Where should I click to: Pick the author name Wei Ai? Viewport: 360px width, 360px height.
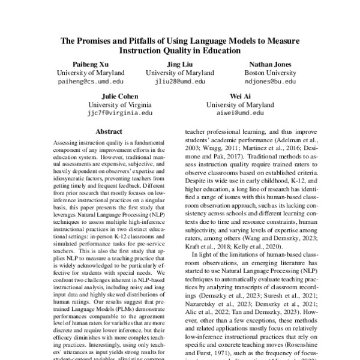pyautogui.click(x=238, y=96)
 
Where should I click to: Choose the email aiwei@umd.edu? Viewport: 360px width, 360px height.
pyautogui.click(x=238, y=112)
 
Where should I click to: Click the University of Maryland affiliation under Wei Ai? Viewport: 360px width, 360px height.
pyautogui.click(x=238, y=104)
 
